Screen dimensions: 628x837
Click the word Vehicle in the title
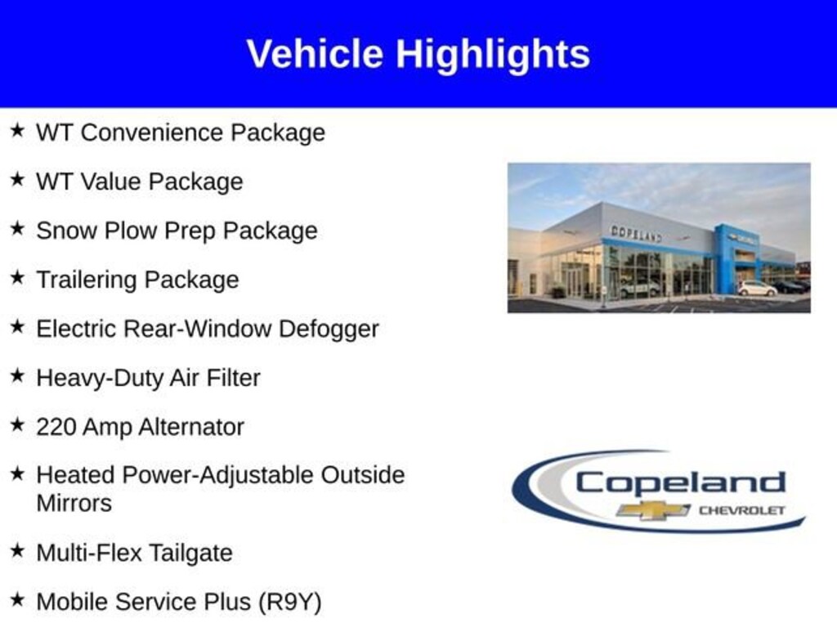click(315, 54)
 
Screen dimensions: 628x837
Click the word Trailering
click(87, 280)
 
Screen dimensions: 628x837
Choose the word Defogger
click(329, 329)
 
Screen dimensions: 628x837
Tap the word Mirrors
click(74, 503)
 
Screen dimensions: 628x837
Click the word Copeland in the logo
click(680, 482)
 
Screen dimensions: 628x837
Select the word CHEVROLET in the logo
click(741, 510)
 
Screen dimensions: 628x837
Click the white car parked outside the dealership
click(757, 289)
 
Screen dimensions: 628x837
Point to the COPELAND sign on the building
click(636, 233)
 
